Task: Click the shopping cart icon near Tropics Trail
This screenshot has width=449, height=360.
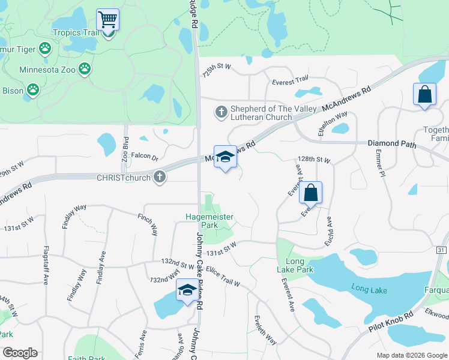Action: tap(107, 19)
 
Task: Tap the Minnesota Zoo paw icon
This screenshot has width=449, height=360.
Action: tap(85, 69)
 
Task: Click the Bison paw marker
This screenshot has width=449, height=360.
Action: tap(32, 91)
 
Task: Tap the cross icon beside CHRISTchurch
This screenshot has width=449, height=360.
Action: tap(159, 177)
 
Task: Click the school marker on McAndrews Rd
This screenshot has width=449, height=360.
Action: tap(225, 157)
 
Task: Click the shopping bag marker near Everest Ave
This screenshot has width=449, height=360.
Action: tap(310, 193)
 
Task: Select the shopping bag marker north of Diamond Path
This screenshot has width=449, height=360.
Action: tap(424, 94)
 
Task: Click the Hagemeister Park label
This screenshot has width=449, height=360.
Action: tap(209, 220)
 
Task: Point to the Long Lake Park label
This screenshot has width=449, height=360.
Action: tap(299, 265)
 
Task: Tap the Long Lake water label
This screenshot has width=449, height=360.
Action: tap(369, 290)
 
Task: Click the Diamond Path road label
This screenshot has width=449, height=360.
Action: tap(391, 144)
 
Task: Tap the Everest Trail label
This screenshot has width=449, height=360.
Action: tap(290, 79)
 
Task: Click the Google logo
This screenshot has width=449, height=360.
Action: tap(20, 353)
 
